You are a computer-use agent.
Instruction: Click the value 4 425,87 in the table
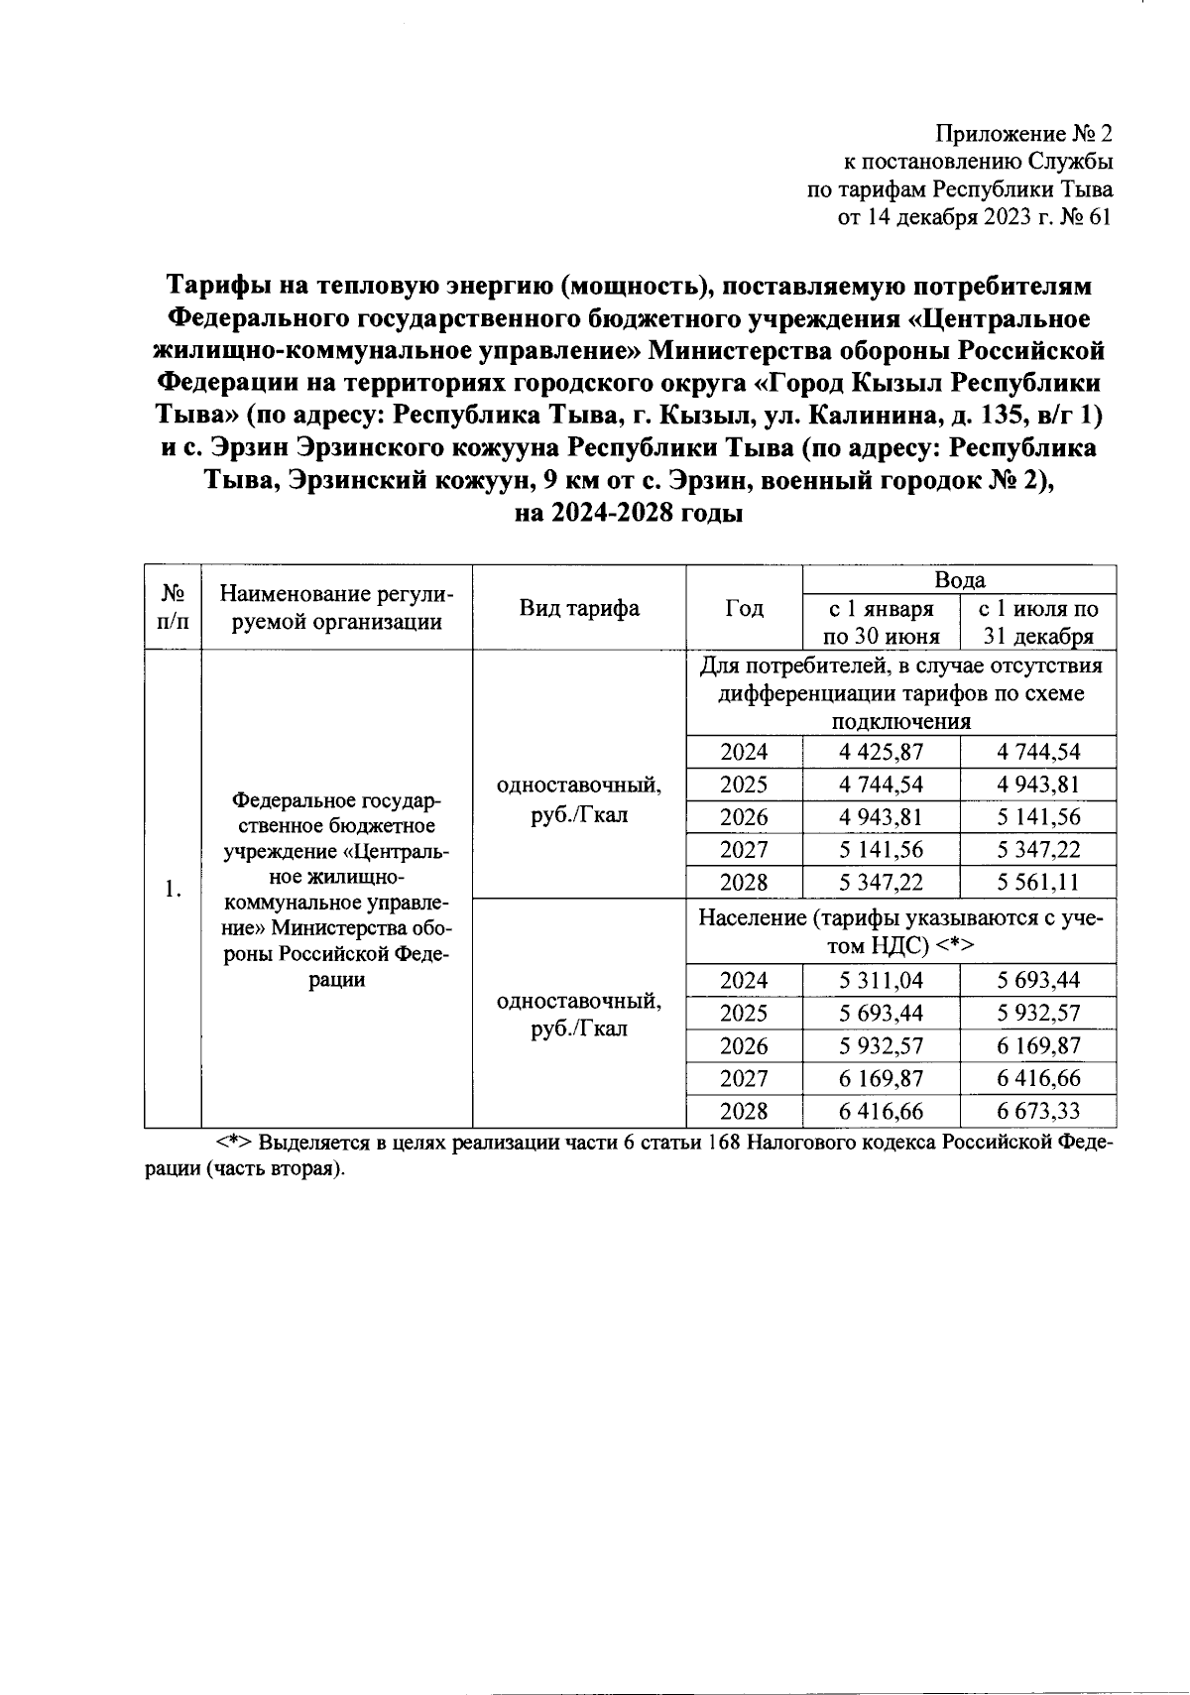tap(881, 752)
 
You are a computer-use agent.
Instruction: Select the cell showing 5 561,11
tap(1038, 883)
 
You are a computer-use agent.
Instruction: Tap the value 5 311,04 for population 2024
tap(881, 981)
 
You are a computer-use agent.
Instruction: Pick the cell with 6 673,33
tap(1038, 1111)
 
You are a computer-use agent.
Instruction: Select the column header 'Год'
tap(744, 608)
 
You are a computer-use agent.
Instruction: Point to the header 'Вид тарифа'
tap(579, 608)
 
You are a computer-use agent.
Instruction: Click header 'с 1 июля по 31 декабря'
tap(1038, 622)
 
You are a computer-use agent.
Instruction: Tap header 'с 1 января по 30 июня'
tap(881, 622)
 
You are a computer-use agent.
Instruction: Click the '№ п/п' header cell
tap(174, 608)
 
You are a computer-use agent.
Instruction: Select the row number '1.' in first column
tap(174, 889)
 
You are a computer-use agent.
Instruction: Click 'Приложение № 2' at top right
tap(1025, 133)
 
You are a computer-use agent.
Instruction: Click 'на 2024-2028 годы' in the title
tap(629, 513)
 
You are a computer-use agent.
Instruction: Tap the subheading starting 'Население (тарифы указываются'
tap(900, 932)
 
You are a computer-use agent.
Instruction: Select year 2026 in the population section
tap(744, 1046)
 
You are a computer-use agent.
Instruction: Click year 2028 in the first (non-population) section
tap(744, 883)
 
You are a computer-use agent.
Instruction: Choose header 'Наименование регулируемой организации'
tap(336, 608)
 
